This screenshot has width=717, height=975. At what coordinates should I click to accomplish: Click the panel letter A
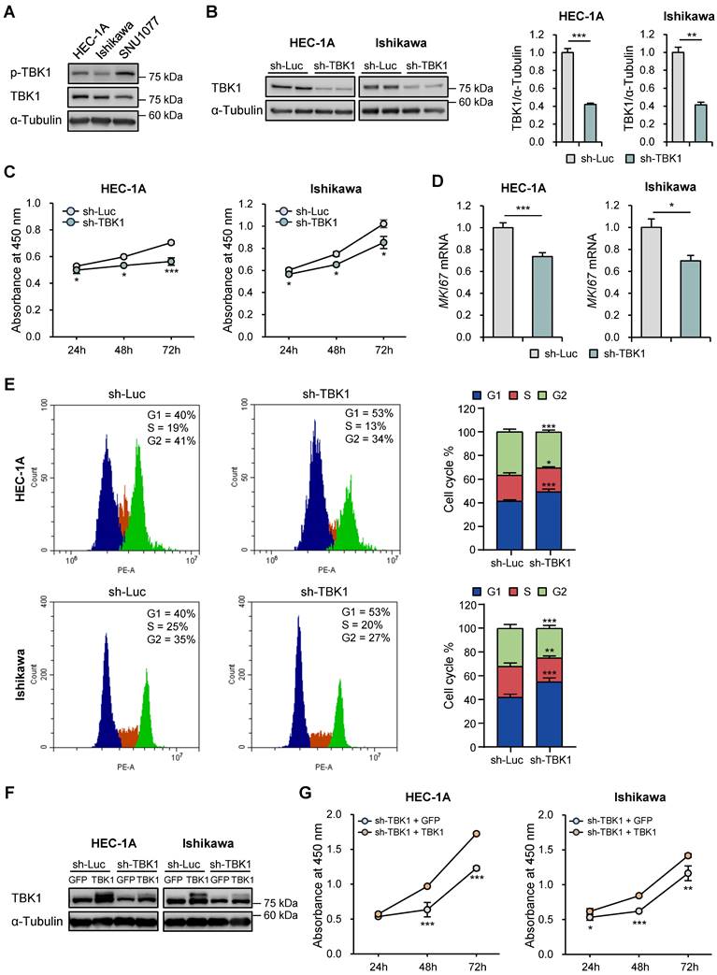[x=8, y=11]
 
